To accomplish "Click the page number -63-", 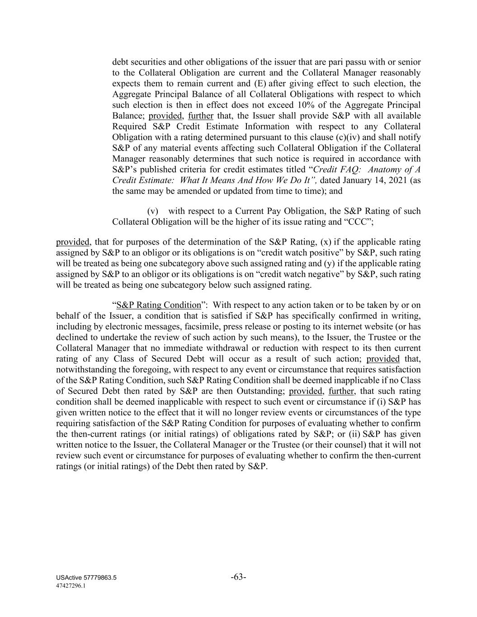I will [238, 577].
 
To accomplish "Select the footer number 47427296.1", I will [71, 585].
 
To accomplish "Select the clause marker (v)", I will [153, 211].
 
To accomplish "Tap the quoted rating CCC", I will [361, 222].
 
